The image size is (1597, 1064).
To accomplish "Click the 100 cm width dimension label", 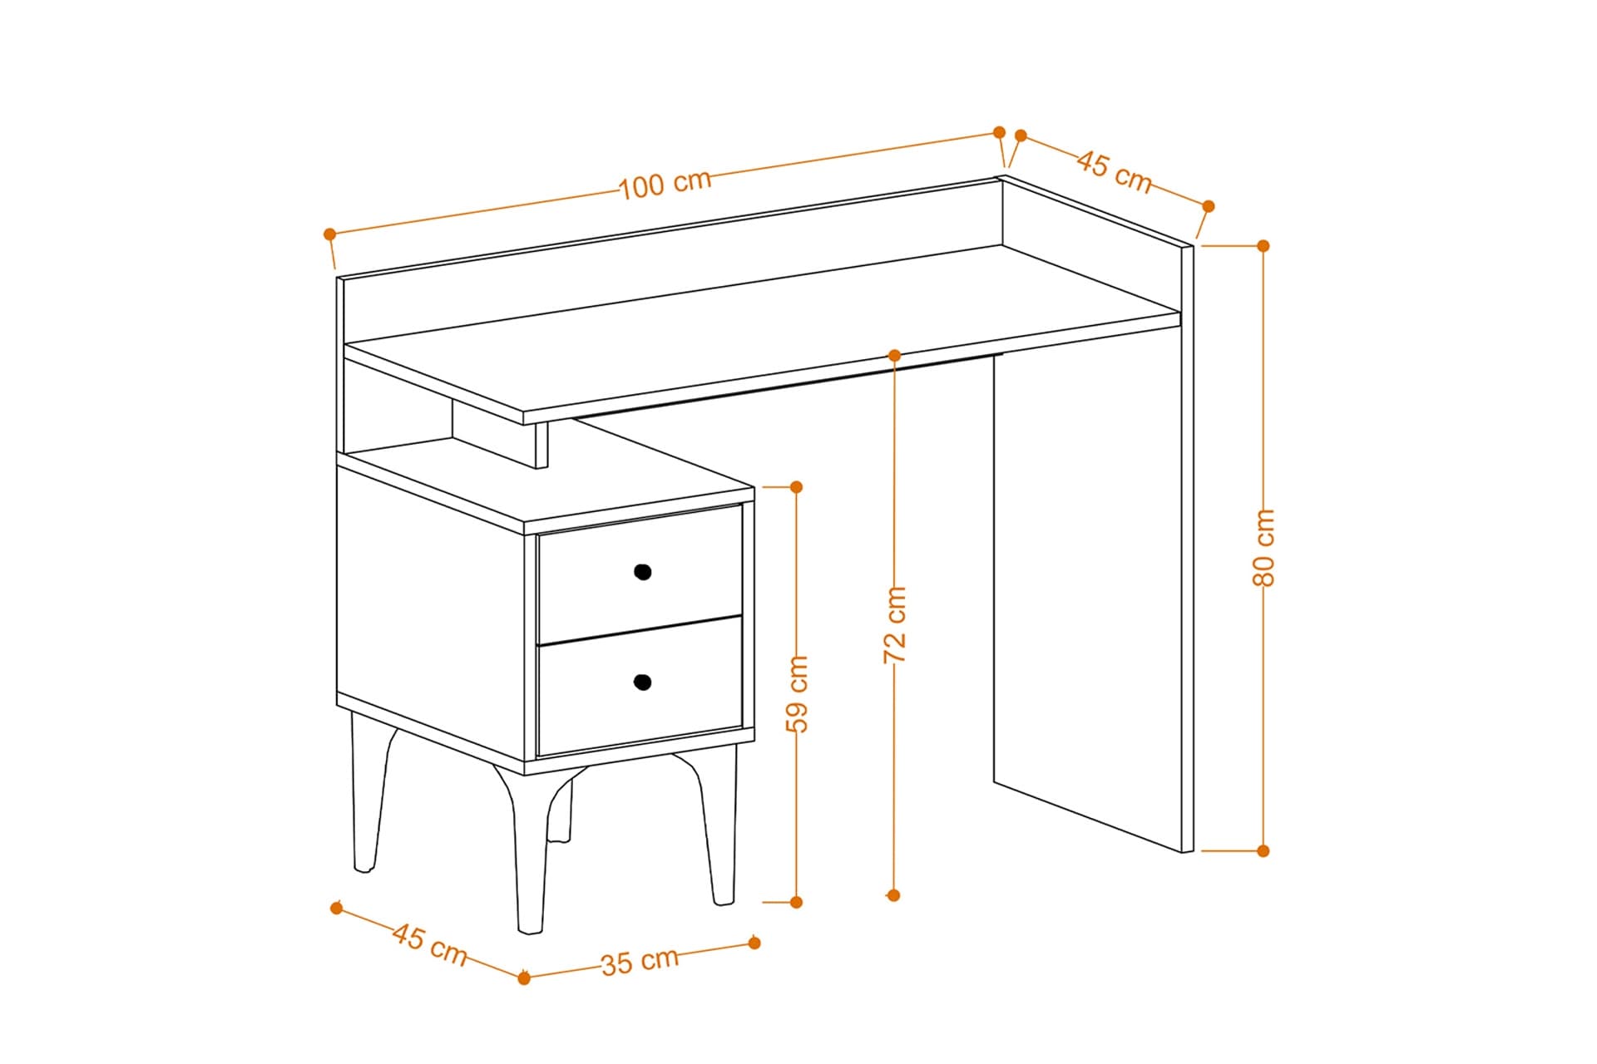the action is pyautogui.click(x=665, y=184).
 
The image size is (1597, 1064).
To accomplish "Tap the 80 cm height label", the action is pyautogui.click(x=1263, y=547).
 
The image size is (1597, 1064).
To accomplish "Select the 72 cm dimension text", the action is pyautogui.click(x=894, y=624).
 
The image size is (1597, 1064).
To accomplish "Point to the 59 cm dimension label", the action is pyautogui.click(x=797, y=693).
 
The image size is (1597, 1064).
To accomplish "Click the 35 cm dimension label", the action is pyautogui.click(x=640, y=961).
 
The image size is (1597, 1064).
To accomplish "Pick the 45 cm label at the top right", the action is pyautogui.click(x=1115, y=172).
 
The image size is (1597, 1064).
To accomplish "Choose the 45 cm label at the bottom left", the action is pyautogui.click(x=430, y=945).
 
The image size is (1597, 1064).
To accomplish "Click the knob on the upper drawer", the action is pyautogui.click(x=642, y=572).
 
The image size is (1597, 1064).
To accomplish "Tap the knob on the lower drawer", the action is pyautogui.click(x=642, y=682).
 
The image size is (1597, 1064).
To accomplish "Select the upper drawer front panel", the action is pyautogui.click(x=640, y=573).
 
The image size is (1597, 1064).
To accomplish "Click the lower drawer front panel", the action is pyautogui.click(x=640, y=686).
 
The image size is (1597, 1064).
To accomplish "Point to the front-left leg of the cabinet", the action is pyautogui.click(x=529, y=848).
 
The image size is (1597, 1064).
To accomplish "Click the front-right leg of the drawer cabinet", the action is pyautogui.click(x=714, y=823).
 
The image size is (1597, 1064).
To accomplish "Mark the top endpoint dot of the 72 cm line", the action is pyautogui.click(x=894, y=356).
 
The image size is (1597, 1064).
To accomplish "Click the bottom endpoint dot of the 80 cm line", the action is pyautogui.click(x=1263, y=850).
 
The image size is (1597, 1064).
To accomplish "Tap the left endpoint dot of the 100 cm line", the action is pyautogui.click(x=330, y=234).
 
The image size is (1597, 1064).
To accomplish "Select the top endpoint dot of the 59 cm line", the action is pyautogui.click(x=796, y=487).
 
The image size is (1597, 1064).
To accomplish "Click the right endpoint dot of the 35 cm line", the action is pyautogui.click(x=754, y=943).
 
